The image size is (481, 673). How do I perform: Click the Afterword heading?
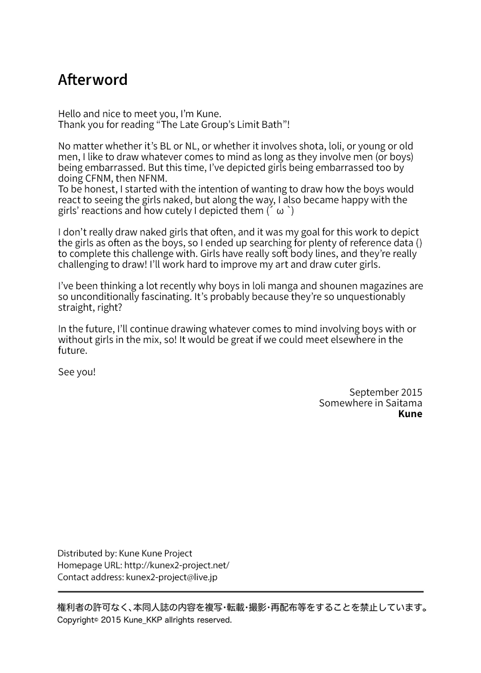pyautogui.click(x=93, y=80)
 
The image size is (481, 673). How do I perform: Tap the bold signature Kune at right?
pyautogui.click(x=410, y=414)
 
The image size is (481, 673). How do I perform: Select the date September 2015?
pyautogui.click(x=385, y=392)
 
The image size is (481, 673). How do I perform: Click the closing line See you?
pyautogui.click(x=77, y=372)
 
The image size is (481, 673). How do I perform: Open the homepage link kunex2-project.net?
pyautogui.click(x=177, y=565)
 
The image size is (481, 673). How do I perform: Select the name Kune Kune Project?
pyautogui.click(x=156, y=553)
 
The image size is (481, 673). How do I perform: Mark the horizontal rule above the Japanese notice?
pyautogui.click(x=240, y=591)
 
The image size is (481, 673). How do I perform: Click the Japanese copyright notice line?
pyautogui.click(x=242, y=608)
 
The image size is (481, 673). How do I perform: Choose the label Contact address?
pyautogui.click(x=91, y=577)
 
